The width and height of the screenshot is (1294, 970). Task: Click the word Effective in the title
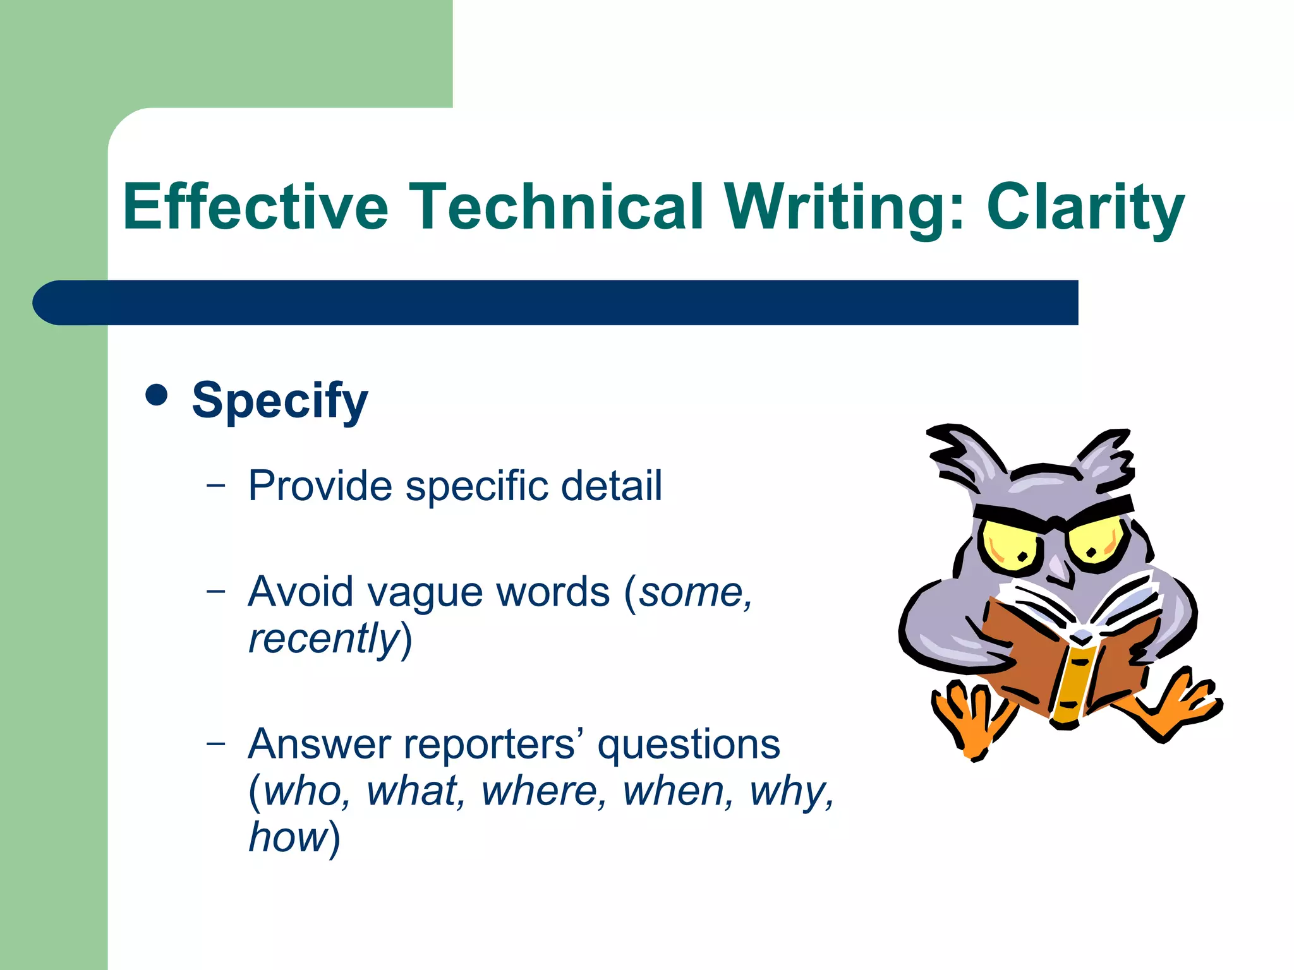point(255,207)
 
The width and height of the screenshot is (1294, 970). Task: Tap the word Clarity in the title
point(1085,207)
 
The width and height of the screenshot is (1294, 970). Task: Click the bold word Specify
point(279,400)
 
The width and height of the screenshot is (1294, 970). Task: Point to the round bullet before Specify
point(156,395)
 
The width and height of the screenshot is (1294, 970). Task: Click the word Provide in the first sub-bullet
point(320,486)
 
